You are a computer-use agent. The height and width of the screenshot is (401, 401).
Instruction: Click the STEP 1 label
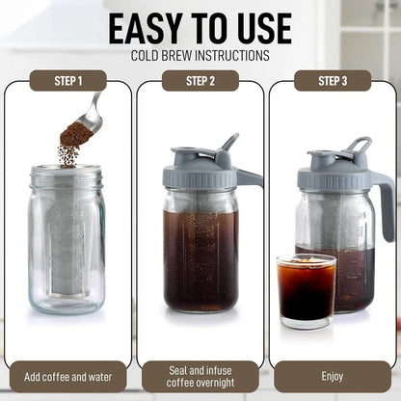(x=67, y=81)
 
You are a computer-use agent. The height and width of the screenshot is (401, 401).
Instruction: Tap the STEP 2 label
(x=200, y=81)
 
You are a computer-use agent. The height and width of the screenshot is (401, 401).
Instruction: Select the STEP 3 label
(x=333, y=81)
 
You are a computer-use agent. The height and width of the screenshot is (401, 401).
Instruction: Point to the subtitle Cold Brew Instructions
(x=200, y=56)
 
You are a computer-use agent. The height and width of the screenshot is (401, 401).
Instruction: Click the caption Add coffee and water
(x=67, y=376)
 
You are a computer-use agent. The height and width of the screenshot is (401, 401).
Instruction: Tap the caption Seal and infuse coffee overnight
(x=200, y=376)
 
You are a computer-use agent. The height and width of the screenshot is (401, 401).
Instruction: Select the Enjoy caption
(x=333, y=376)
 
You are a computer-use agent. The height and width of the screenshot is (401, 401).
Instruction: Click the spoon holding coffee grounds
(x=87, y=120)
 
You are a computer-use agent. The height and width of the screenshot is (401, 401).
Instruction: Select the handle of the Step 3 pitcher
(x=384, y=207)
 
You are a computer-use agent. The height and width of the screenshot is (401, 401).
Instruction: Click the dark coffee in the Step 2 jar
(x=200, y=260)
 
